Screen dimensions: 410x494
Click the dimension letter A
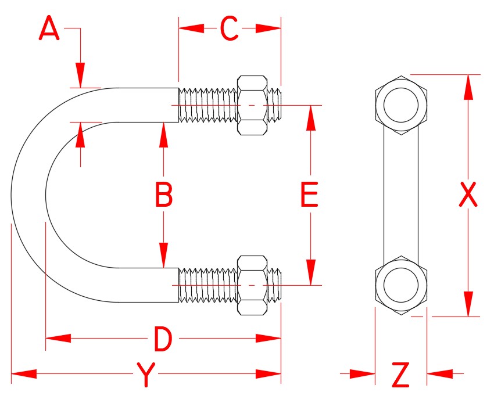click(49, 28)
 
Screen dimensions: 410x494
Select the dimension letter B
click(164, 195)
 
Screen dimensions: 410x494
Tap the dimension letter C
click(230, 28)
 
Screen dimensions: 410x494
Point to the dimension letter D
click(163, 339)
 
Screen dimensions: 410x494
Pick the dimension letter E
click(309, 195)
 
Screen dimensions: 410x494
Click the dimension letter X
click(468, 195)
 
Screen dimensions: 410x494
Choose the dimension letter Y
click(146, 375)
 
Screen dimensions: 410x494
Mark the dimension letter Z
click(401, 375)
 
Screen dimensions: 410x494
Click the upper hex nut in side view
click(253, 105)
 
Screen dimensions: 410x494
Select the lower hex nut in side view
click(253, 285)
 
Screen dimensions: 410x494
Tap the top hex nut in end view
click(401, 105)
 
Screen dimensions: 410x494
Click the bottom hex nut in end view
click(401, 285)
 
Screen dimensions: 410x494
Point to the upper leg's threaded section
click(207, 105)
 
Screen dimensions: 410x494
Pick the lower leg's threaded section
click(207, 285)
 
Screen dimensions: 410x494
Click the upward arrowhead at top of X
click(468, 87)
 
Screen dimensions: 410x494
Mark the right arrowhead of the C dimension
click(269, 28)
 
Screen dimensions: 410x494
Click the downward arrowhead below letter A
click(80, 75)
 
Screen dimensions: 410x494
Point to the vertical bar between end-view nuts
click(401, 195)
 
